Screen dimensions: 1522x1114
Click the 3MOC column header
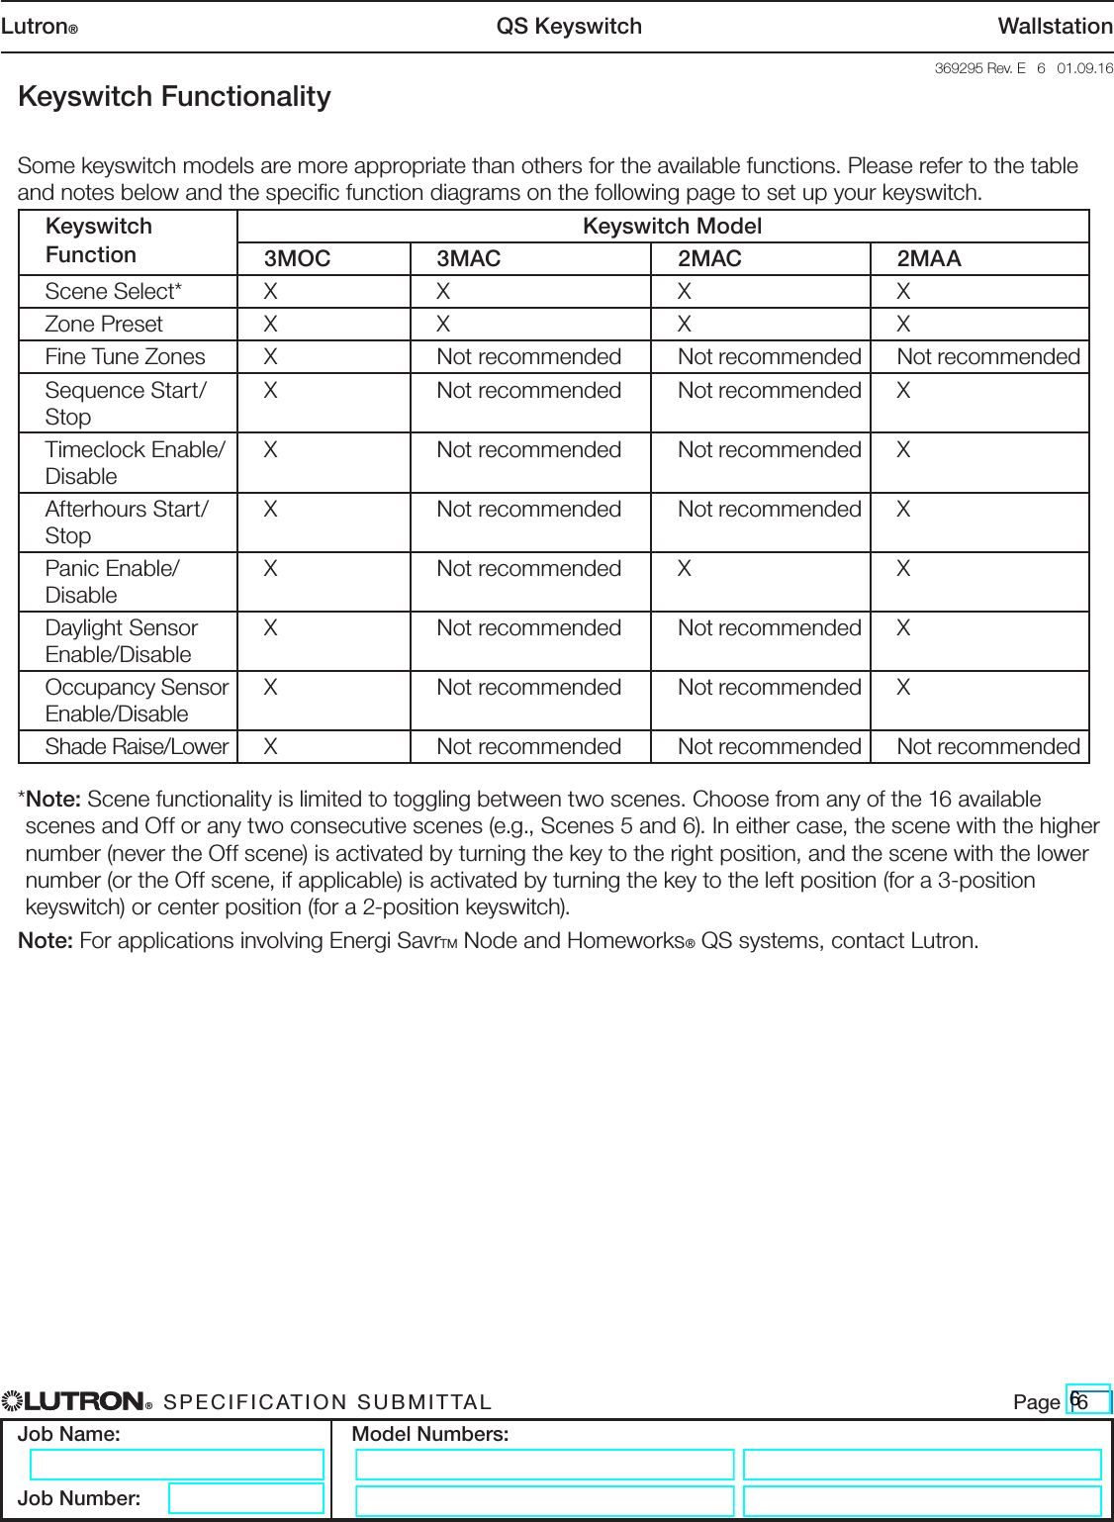pyautogui.click(x=297, y=259)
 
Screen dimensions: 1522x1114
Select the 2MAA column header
pyautogui.click(x=928, y=259)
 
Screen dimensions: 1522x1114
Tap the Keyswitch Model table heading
pyautogui.click(x=672, y=227)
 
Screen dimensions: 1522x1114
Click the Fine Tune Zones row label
pyautogui.click(x=125, y=357)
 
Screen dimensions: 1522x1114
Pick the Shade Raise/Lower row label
pyautogui.click(x=137, y=747)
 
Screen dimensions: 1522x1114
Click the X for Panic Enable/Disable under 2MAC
pyautogui.click(x=684, y=569)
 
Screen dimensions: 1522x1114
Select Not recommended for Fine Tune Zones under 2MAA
pyautogui.click(x=987, y=357)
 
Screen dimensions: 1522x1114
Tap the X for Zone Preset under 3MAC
pyautogui.click(x=443, y=325)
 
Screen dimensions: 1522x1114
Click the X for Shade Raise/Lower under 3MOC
pyautogui.click(x=270, y=747)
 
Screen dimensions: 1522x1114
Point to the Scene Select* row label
pyautogui.click(x=113, y=292)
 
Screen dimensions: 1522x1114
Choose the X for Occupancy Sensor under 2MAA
pyautogui.click(x=903, y=688)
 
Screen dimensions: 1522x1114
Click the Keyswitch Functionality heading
pyautogui.click(x=174, y=97)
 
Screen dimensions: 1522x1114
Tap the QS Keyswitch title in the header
pyautogui.click(x=569, y=27)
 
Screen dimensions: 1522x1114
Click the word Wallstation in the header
pyautogui.click(x=1055, y=27)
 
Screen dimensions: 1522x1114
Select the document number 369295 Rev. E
pyautogui.click(x=979, y=68)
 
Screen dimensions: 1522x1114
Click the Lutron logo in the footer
pyautogui.click(x=77, y=1401)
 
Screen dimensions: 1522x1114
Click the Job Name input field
pyautogui.click(x=177, y=1465)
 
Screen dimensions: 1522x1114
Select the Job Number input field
pyautogui.click(x=245, y=1498)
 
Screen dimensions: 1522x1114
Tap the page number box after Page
pyautogui.click(x=1089, y=1401)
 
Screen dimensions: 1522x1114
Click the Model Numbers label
pyautogui.click(x=430, y=1434)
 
